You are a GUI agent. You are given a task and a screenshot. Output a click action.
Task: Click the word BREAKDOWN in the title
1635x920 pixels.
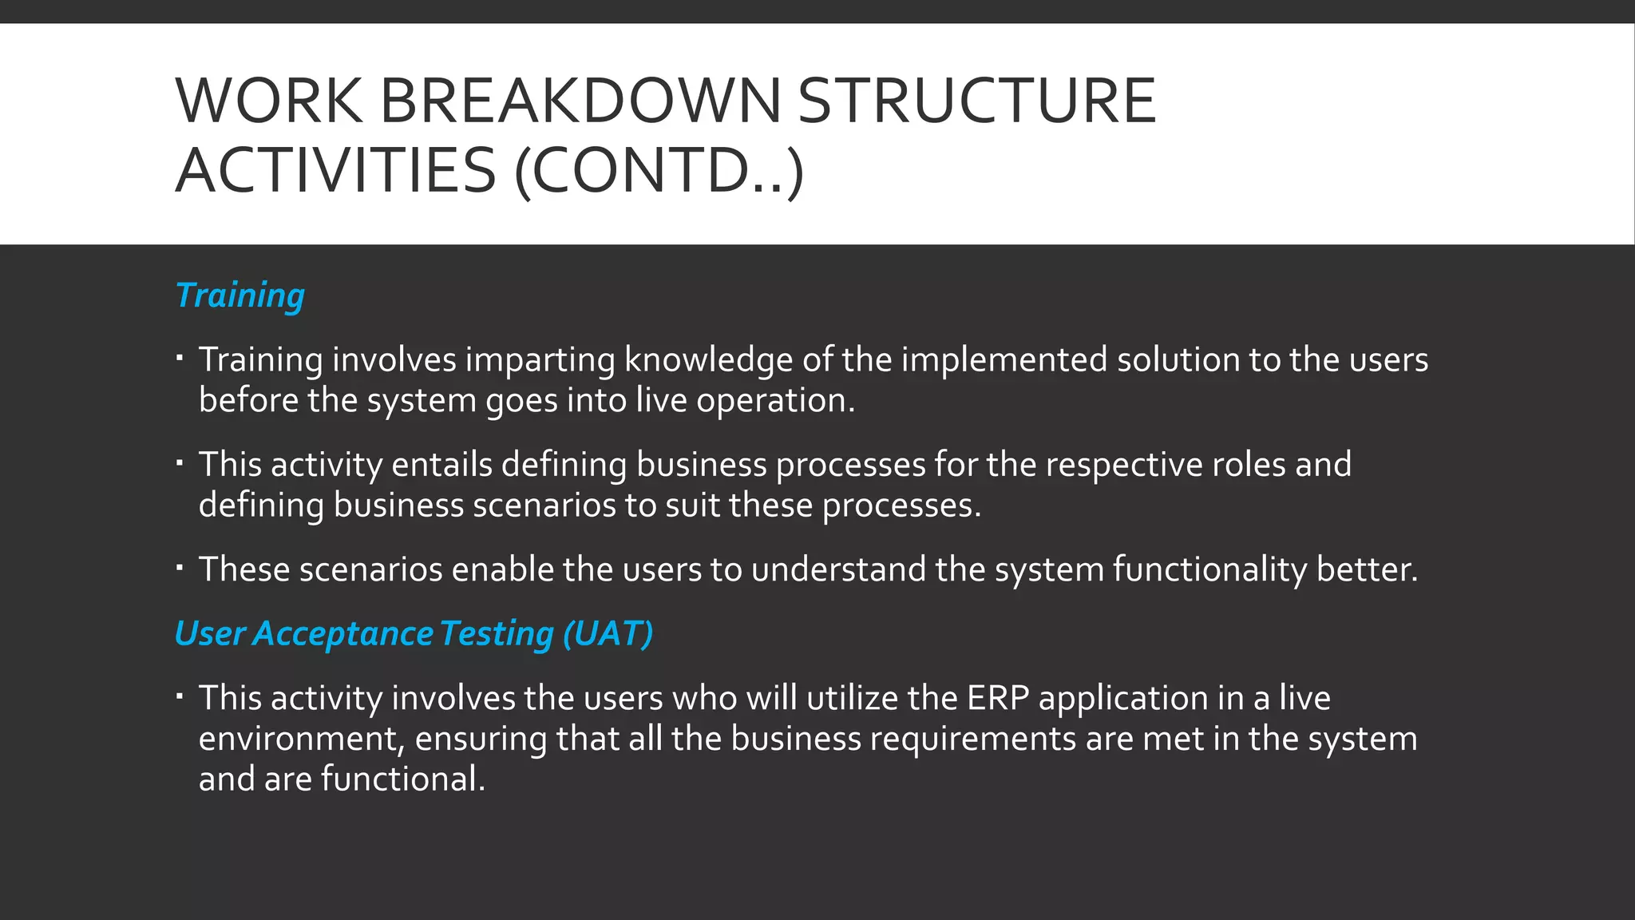[580, 101]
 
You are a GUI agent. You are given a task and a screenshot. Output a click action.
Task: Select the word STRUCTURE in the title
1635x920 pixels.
[976, 101]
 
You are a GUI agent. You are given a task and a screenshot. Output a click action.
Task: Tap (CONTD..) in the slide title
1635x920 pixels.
[659, 171]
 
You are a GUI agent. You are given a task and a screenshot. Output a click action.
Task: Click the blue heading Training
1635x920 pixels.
[240, 295]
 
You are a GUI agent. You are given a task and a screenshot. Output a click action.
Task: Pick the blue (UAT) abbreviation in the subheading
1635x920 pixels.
[608, 633]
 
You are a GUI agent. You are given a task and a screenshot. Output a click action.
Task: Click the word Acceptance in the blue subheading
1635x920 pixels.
[343, 633]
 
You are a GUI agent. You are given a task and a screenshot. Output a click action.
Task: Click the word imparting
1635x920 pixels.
[540, 360]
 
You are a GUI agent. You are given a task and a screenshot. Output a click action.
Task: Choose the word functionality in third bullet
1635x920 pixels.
[1209, 570]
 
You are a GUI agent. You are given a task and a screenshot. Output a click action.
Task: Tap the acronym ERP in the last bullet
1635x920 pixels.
[998, 699]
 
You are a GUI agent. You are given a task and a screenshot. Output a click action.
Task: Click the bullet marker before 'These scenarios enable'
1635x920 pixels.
[180, 568]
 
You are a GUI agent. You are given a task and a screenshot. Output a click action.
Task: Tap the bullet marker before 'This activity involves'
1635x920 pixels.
[180, 696]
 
